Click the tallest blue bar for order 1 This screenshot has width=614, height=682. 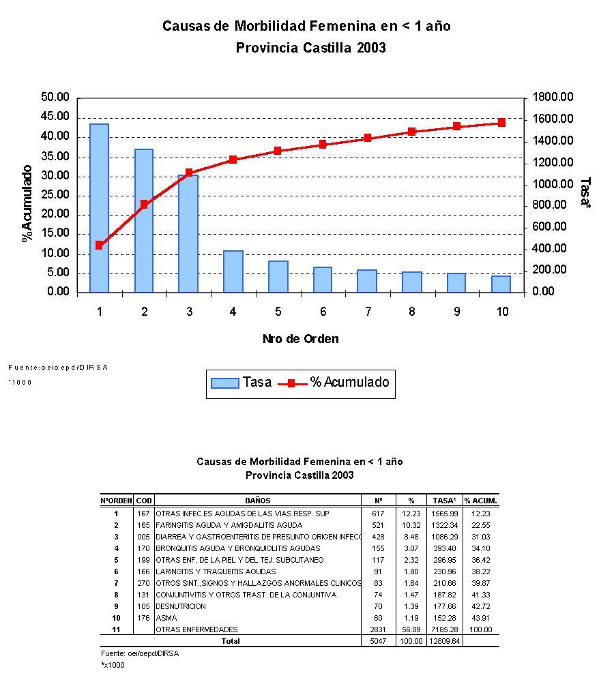99,208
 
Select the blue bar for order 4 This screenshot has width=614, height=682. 233,271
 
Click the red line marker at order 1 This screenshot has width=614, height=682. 99,245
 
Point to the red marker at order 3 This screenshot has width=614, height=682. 189,173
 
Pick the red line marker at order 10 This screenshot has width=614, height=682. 501,123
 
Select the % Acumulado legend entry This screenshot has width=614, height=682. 334,383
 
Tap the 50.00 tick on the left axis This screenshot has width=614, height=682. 55,98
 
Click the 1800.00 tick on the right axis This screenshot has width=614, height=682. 553,98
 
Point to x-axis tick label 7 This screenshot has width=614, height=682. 368,312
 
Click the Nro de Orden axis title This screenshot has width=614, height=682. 300,339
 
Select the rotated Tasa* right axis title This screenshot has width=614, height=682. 585,194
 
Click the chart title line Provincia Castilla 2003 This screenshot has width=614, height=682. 310,48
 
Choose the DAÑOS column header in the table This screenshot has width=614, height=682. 258,501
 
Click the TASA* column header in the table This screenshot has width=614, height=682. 444,501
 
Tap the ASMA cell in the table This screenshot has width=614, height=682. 166,618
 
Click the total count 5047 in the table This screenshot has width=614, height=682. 377,641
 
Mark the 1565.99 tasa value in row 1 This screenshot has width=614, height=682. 444,514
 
